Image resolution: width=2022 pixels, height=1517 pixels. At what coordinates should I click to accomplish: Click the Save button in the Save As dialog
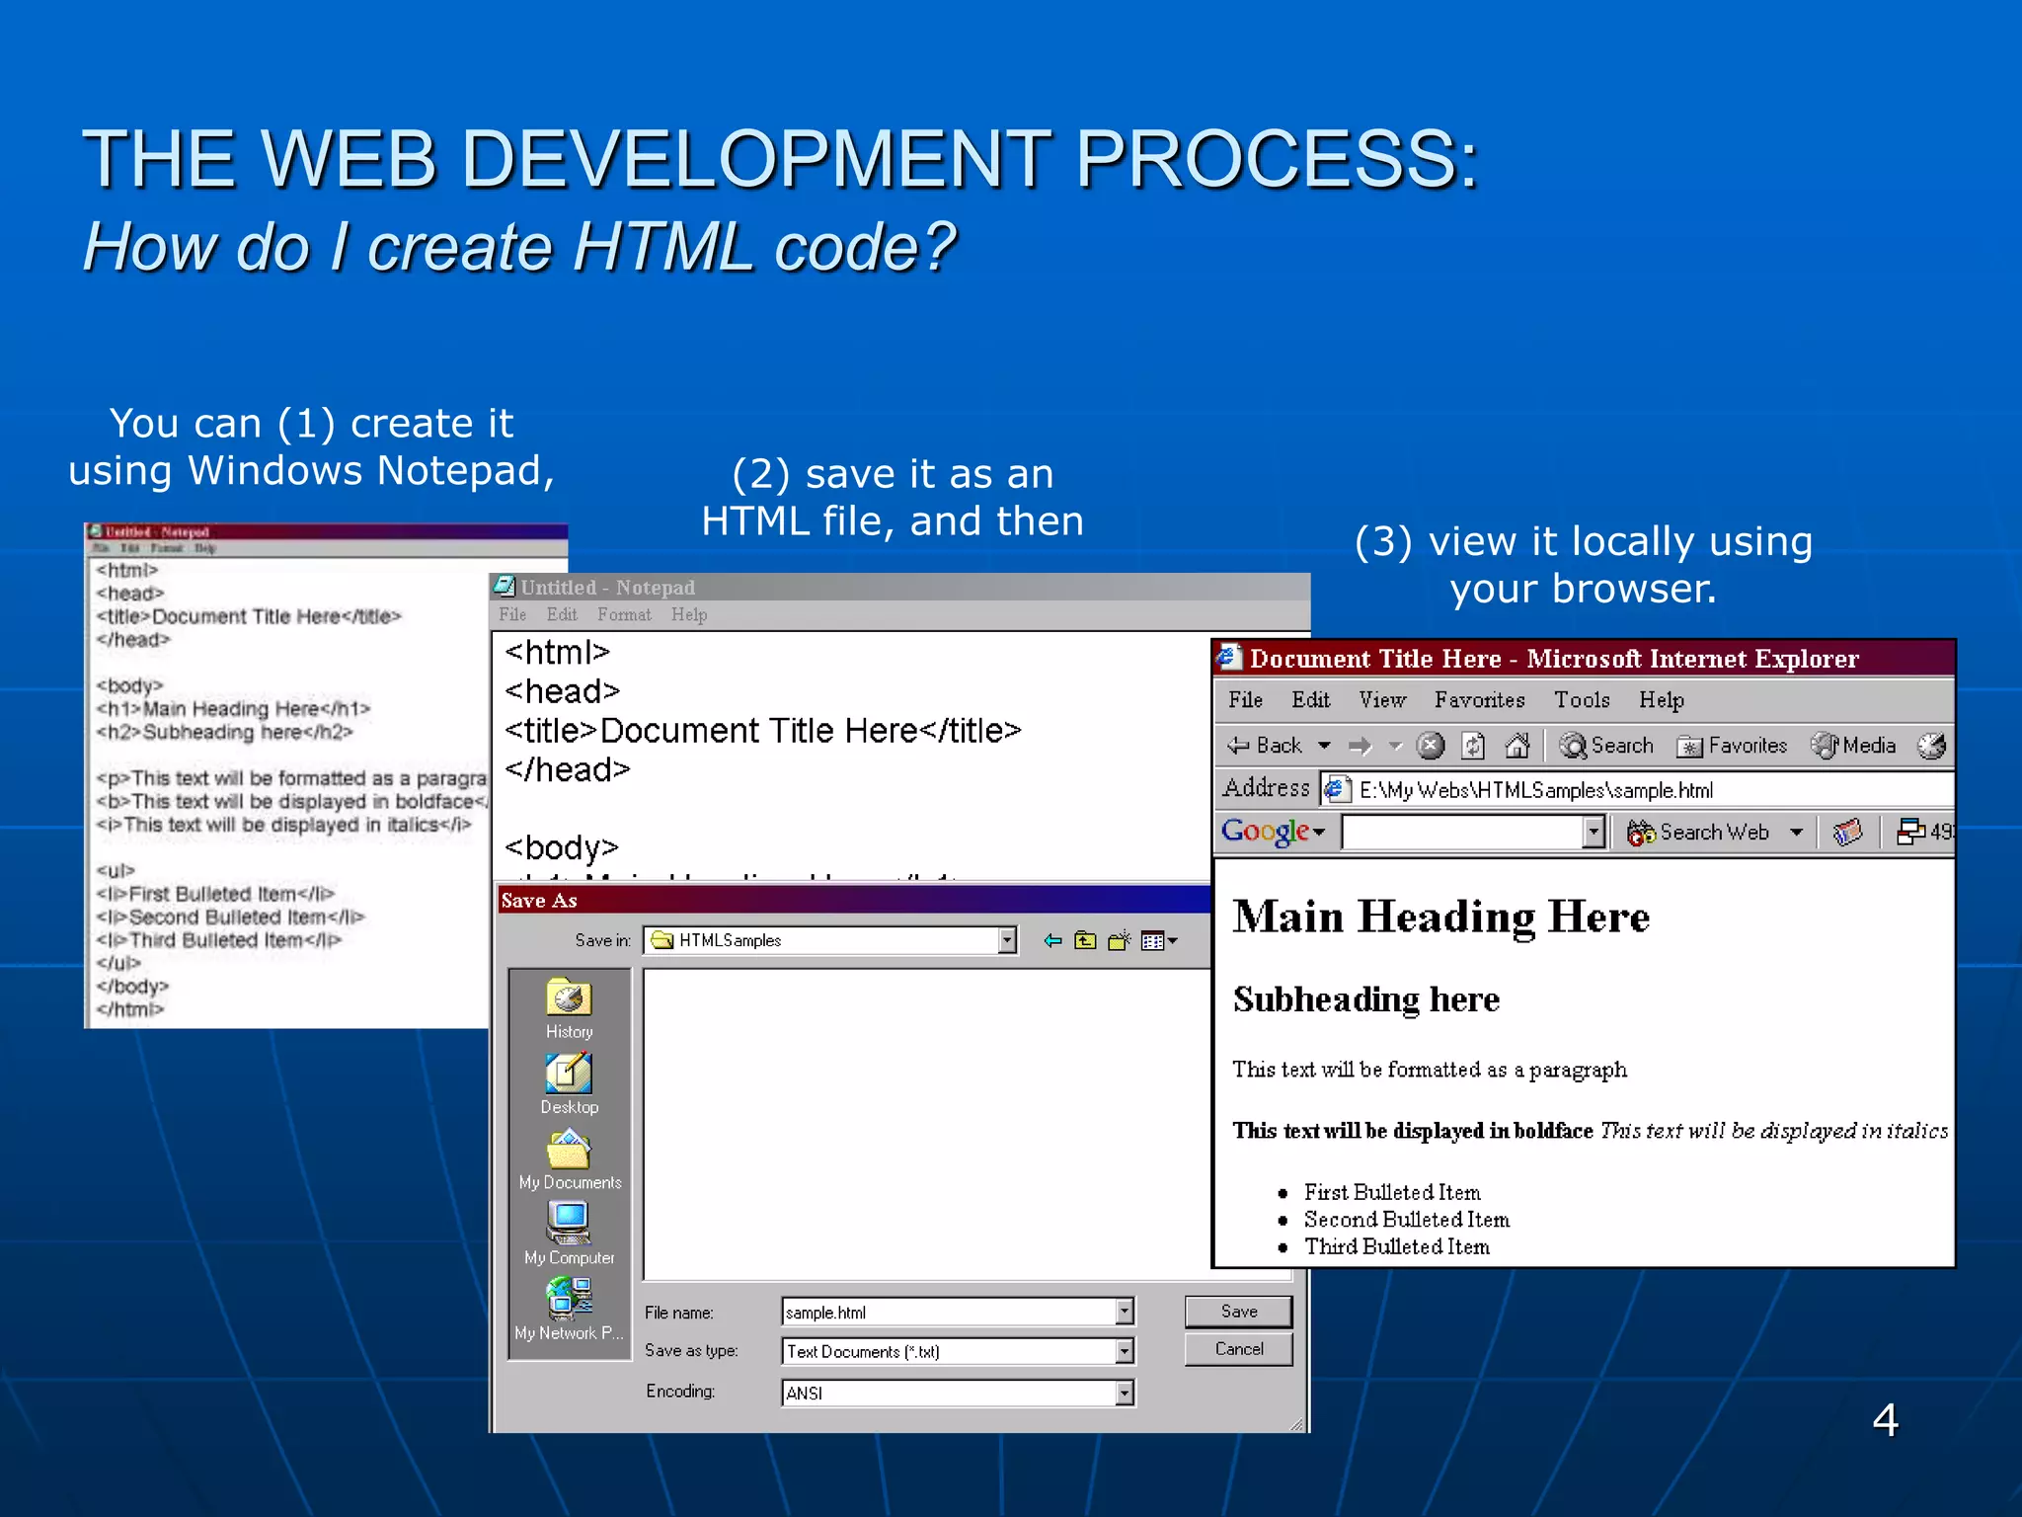point(1238,1312)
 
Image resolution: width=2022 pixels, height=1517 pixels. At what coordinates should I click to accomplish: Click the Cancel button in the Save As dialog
point(1238,1349)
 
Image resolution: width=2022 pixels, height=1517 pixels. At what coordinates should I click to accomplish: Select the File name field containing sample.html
point(948,1313)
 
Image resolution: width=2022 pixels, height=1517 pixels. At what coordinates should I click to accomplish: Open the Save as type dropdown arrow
point(1124,1351)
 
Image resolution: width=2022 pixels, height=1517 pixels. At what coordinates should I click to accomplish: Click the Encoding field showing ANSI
point(948,1393)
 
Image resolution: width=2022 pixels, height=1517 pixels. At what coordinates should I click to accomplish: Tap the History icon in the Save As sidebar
point(569,998)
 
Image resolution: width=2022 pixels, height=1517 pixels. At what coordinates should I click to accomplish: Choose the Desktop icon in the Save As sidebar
point(569,1074)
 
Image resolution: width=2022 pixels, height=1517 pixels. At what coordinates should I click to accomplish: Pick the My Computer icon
point(569,1223)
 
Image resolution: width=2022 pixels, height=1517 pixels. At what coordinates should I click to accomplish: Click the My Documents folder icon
point(569,1150)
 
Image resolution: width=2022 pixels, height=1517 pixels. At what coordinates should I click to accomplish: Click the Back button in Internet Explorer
point(1266,746)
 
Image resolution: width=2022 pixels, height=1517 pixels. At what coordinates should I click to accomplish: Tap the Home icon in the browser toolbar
point(1517,746)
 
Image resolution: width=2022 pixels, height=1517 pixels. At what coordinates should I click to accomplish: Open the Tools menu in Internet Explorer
point(1582,700)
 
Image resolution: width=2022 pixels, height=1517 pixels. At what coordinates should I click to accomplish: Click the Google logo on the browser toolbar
point(1266,832)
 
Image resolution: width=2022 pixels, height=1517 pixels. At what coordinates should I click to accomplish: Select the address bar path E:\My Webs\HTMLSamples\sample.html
point(1535,790)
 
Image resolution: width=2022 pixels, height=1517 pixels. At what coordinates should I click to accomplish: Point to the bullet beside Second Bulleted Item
point(1283,1221)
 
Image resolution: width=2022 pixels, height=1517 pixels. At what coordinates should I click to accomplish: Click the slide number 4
point(1885,1420)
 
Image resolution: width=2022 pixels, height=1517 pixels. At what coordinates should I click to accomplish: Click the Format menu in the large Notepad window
point(624,614)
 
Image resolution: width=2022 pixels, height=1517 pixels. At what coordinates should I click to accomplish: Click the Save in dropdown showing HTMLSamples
point(829,940)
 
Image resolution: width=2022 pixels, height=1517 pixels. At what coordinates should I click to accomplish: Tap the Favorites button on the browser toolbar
point(1733,746)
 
